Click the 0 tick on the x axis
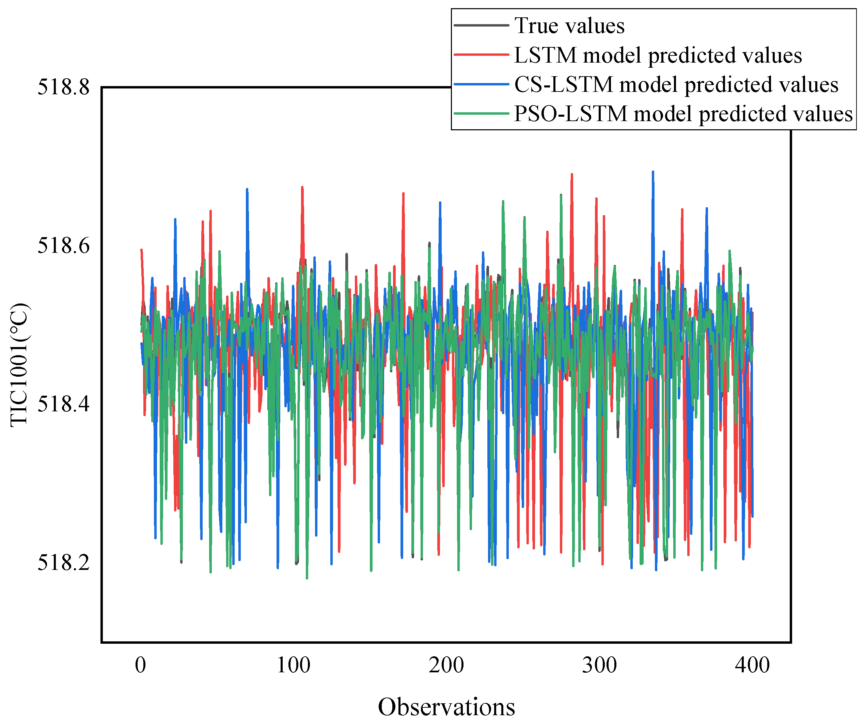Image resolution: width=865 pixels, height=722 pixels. coord(140,665)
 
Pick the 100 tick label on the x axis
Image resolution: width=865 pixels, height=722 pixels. coord(293,665)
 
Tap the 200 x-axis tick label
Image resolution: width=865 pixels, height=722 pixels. coord(446,665)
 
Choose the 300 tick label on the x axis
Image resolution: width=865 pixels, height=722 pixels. coord(599,665)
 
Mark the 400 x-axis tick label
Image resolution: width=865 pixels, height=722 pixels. coord(752,665)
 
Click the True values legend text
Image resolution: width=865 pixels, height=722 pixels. coord(569,26)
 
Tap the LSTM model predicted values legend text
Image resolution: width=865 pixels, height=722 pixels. coord(658,55)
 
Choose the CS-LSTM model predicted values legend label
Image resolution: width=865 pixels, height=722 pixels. coord(676,84)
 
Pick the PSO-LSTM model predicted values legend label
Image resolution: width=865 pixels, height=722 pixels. coord(683,114)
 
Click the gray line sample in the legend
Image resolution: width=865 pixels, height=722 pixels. coord(481,26)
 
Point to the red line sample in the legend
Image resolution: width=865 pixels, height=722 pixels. coord(481,55)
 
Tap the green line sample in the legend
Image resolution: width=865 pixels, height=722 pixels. coord(481,114)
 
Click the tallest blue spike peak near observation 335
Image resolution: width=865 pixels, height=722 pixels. coord(653,172)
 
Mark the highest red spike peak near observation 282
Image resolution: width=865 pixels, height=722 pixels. coord(572,175)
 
